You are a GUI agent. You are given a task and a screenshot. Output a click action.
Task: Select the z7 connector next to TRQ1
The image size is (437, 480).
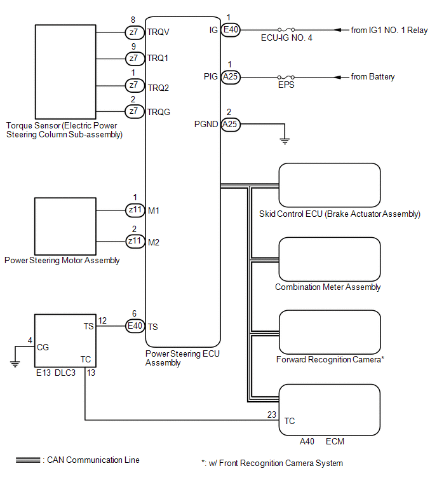[x=133, y=58]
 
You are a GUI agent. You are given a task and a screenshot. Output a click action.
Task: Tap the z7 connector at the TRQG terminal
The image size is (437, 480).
[x=133, y=111]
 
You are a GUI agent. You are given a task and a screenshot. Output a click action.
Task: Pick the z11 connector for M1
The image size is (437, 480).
[x=135, y=210]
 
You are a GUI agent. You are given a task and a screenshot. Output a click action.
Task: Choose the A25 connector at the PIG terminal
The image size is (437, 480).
[x=230, y=77]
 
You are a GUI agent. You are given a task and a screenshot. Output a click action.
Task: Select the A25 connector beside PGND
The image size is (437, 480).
[x=230, y=124]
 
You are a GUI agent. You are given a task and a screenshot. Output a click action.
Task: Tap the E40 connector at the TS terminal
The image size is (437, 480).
[x=135, y=327]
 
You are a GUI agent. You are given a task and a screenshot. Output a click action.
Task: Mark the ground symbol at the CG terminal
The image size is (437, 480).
[x=14, y=362]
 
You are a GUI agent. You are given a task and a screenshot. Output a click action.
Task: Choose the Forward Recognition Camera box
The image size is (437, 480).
[x=330, y=331]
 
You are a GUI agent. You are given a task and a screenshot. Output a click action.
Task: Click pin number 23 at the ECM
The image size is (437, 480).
[x=272, y=413]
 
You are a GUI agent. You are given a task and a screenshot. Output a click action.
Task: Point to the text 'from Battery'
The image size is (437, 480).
[x=373, y=77]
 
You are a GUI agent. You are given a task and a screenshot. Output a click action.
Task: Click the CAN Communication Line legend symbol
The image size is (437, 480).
[x=29, y=460]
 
